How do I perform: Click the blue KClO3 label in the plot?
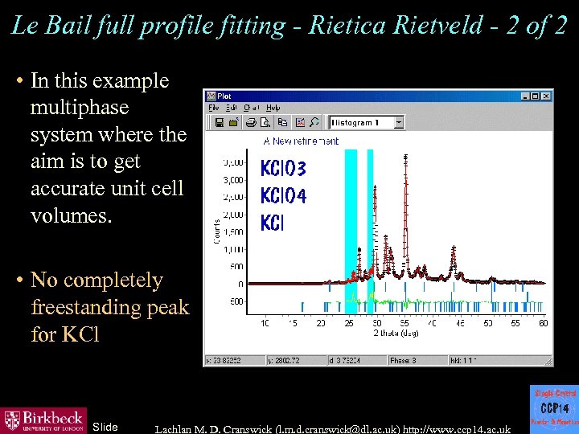tap(283, 169)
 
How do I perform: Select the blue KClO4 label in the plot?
tap(283, 195)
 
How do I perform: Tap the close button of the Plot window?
tap(548, 96)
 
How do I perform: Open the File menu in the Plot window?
tap(214, 108)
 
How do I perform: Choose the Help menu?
tap(273, 108)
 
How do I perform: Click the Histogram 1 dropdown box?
tap(367, 122)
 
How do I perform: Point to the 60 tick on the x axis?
tap(544, 323)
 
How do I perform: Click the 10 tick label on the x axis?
tap(265, 323)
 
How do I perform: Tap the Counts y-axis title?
tap(216, 231)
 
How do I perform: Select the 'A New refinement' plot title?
tap(301, 141)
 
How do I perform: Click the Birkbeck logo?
tap(43, 420)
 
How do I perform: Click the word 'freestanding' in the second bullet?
tap(109, 307)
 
